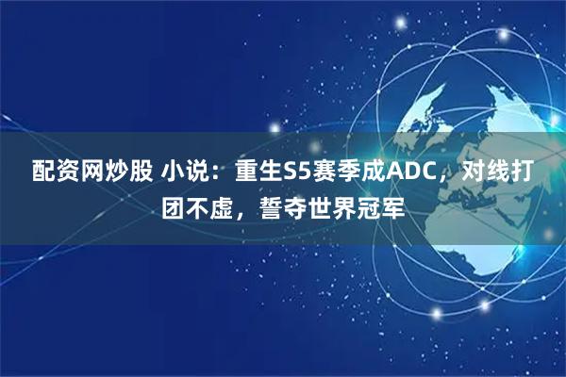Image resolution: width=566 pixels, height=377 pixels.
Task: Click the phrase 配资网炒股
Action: pos(89,172)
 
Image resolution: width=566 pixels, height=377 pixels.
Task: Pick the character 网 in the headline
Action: pos(89,172)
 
